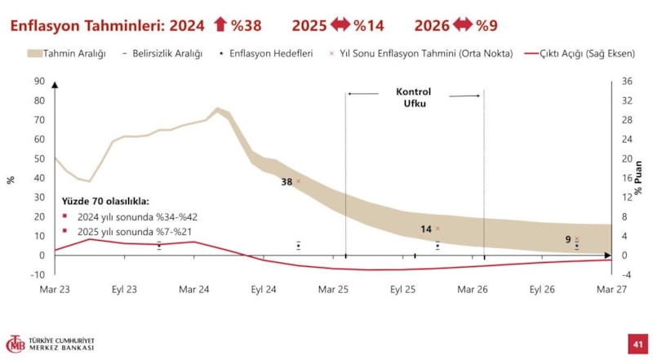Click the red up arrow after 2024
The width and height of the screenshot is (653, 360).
point(220,25)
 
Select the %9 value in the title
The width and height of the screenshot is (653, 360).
point(487,25)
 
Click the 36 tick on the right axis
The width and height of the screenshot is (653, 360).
point(628,82)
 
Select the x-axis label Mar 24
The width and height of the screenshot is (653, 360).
point(194,289)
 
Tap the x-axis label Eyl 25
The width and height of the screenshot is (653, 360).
point(403,289)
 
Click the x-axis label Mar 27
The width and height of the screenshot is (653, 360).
point(611,289)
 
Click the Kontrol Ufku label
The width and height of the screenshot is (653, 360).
point(413,99)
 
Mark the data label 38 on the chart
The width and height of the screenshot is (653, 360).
point(287,182)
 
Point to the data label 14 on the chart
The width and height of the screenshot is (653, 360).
point(426,229)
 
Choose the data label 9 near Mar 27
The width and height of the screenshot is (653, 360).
point(568,239)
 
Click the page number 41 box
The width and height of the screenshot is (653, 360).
point(636,344)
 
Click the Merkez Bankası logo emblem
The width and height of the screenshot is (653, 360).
point(16,344)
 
